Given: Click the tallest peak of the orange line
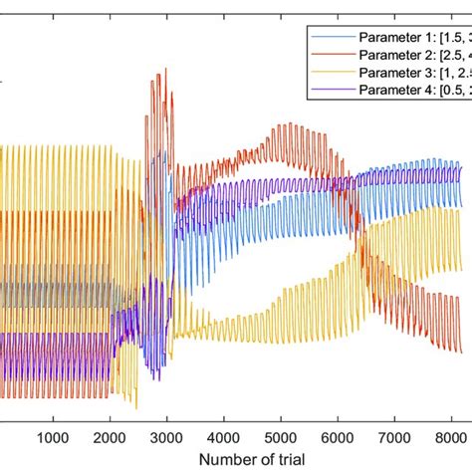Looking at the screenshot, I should tap(158, 70).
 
